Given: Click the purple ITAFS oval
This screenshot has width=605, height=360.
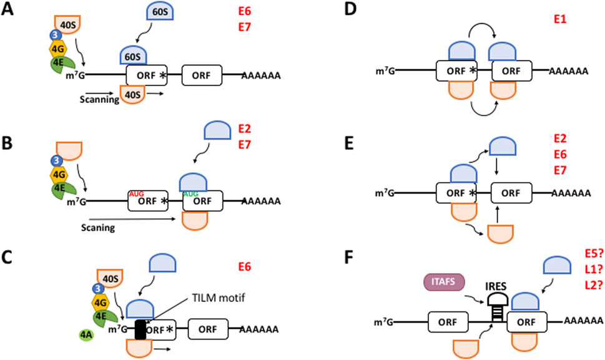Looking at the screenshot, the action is click(444, 282).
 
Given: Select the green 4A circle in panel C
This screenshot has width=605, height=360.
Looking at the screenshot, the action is click(86, 335).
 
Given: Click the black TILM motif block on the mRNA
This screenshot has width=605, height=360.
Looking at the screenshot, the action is click(140, 329).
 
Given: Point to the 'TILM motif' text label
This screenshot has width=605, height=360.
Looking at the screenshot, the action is click(219, 298).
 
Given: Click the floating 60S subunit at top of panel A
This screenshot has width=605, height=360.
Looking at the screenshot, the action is click(160, 12).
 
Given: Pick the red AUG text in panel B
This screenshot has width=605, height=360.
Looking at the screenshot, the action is click(137, 194).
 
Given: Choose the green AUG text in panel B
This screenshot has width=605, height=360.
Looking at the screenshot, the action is click(190, 194).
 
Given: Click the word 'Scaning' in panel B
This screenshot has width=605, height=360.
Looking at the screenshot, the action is click(98, 228).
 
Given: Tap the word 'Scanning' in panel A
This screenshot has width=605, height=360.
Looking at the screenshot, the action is click(99, 99).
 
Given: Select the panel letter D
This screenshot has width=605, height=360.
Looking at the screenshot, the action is click(350, 9).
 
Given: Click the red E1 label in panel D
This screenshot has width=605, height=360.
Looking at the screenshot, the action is click(560, 19).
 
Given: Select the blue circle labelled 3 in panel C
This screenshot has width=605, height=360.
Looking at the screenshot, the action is click(97, 288).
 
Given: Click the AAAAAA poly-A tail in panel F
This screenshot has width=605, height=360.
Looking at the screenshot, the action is click(583, 321).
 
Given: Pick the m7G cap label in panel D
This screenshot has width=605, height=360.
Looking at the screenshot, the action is click(385, 71).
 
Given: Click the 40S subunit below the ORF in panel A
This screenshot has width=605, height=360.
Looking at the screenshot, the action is click(133, 94).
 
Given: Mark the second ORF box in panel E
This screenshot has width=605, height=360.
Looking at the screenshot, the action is click(511, 193).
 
